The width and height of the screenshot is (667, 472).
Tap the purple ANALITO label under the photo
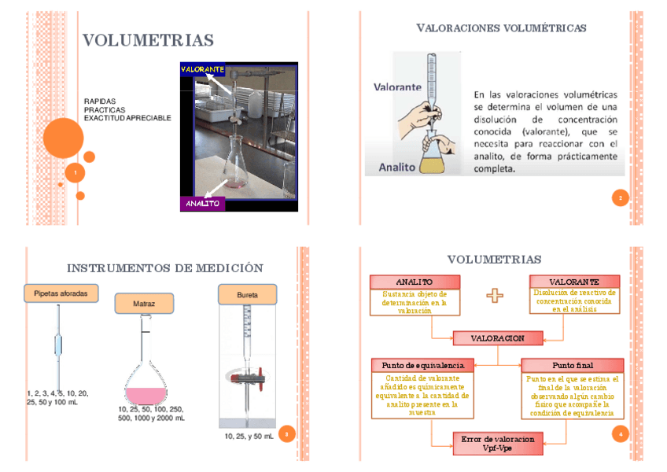pyautogui.click(x=203, y=204)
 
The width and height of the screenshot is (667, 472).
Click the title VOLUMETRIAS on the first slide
pyautogui.click(x=149, y=41)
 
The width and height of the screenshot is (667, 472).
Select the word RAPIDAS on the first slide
pyautogui.click(x=100, y=101)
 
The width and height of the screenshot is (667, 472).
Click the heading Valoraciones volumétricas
pyautogui.click(x=501, y=28)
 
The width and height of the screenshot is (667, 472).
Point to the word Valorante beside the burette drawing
pyautogui.click(x=397, y=87)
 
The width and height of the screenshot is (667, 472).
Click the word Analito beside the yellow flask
pyautogui.click(x=396, y=167)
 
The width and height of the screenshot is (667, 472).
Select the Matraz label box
pyautogui.click(x=144, y=303)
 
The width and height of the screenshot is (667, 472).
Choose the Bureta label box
pyautogui.click(x=247, y=295)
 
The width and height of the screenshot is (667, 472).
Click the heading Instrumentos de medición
pyautogui.click(x=165, y=268)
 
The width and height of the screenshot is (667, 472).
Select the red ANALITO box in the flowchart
pyautogui.click(x=414, y=282)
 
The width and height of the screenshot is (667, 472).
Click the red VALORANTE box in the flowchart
pyautogui.click(x=574, y=282)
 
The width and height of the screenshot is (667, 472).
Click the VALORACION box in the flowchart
pyautogui.click(x=497, y=338)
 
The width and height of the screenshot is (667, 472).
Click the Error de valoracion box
pyautogui.click(x=497, y=443)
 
